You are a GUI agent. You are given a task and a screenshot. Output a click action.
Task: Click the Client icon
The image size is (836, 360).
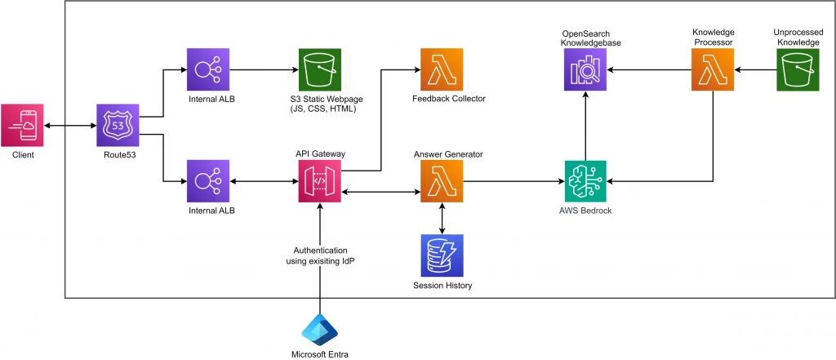[x=22, y=126]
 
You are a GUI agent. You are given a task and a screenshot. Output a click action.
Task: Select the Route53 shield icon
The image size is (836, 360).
[x=118, y=126]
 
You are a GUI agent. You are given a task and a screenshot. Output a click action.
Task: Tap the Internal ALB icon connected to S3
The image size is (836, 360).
[x=209, y=70]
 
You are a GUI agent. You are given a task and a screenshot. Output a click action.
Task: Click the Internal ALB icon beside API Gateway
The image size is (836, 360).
[x=209, y=181]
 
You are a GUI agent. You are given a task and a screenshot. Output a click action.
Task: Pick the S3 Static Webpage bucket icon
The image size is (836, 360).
[x=319, y=70]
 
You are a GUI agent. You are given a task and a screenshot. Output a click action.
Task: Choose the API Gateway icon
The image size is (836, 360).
[x=319, y=181]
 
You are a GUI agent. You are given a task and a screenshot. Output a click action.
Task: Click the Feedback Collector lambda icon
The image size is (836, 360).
[x=442, y=70]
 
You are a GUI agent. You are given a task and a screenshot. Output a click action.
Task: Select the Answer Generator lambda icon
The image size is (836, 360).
[x=442, y=181]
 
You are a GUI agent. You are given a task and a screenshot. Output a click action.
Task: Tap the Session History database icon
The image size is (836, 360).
[x=442, y=256]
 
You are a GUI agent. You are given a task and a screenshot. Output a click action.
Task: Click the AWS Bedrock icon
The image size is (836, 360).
[x=585, y=181]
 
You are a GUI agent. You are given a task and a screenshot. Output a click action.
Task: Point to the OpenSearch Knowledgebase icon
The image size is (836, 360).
[x=585, y=70]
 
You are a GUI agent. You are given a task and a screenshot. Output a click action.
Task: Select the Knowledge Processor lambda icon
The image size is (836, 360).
[x=713, y=70]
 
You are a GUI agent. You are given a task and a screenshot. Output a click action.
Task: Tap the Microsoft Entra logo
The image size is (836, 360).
[x=319, y=329]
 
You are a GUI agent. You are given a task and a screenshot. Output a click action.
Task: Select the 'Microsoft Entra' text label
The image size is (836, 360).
[x=319, y=353]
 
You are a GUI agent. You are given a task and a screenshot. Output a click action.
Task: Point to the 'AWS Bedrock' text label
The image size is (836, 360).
[x=585, y=211]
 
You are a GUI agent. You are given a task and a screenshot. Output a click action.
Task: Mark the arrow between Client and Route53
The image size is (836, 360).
[x=69, y=126]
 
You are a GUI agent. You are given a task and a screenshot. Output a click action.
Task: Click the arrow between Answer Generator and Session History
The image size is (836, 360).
[x=442, y=218]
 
